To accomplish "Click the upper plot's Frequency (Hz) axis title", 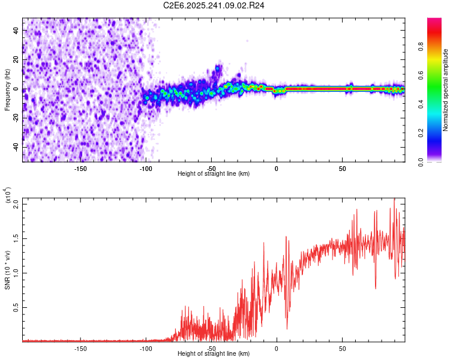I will tap(7, 89).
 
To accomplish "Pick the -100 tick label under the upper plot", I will tap(146, 168).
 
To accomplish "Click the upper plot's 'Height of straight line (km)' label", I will tap(214, 174).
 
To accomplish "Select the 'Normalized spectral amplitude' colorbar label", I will tap(445, 90).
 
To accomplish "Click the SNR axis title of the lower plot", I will tap(7, 269).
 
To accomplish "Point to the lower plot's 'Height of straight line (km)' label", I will tap(214, 354).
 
